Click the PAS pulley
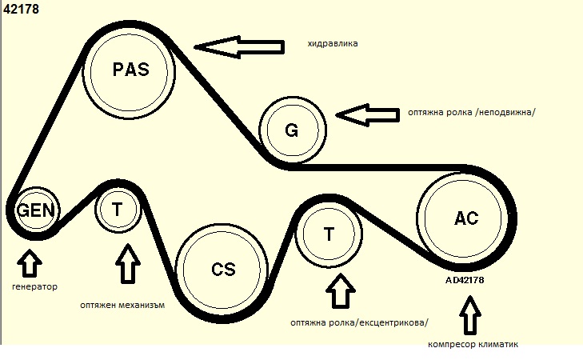tap(130, 70)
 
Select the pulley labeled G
tap(293, 129)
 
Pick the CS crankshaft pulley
tap(222, 269)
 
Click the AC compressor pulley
tap(465, 219)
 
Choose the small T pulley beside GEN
tap(118, 210)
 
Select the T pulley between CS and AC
tap(329, 235)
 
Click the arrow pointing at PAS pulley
tap(240, 48)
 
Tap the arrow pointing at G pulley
tap(367, 114)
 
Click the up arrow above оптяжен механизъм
tap(126, 265)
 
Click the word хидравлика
tap(332, 43)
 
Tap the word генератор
tap(35, 286)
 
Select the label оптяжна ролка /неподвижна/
tap(470, 113)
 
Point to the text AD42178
tap(465, 281)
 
